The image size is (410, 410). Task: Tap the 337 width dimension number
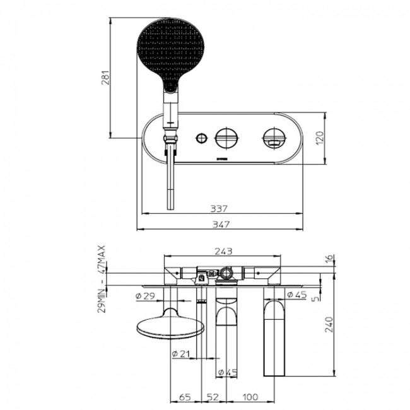tap(220, 208)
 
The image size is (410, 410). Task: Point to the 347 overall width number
tap(220, 224)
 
